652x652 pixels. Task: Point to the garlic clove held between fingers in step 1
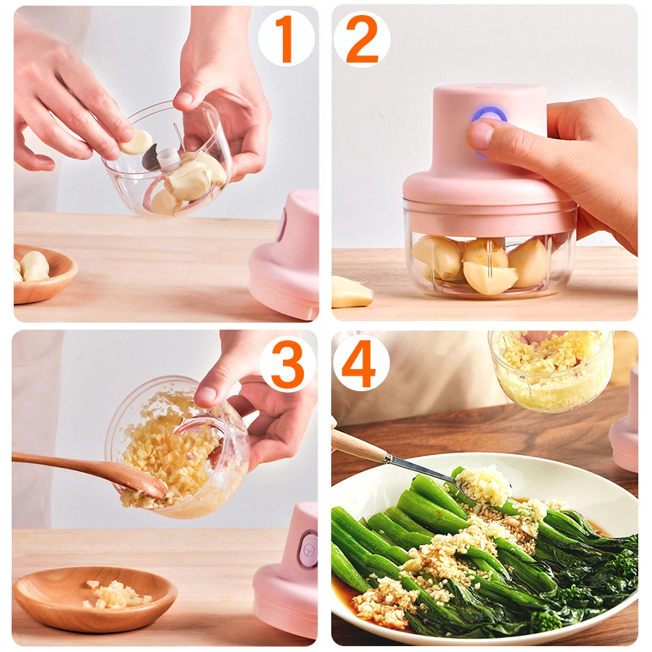pos(136,141)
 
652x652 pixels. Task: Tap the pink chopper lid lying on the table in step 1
pos(287,261)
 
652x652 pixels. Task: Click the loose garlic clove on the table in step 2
pos(351,292)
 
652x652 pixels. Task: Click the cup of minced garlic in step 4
pos(552,372)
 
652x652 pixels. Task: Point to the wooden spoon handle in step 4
pos(359,447)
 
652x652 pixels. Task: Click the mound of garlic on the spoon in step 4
pos(483,485)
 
